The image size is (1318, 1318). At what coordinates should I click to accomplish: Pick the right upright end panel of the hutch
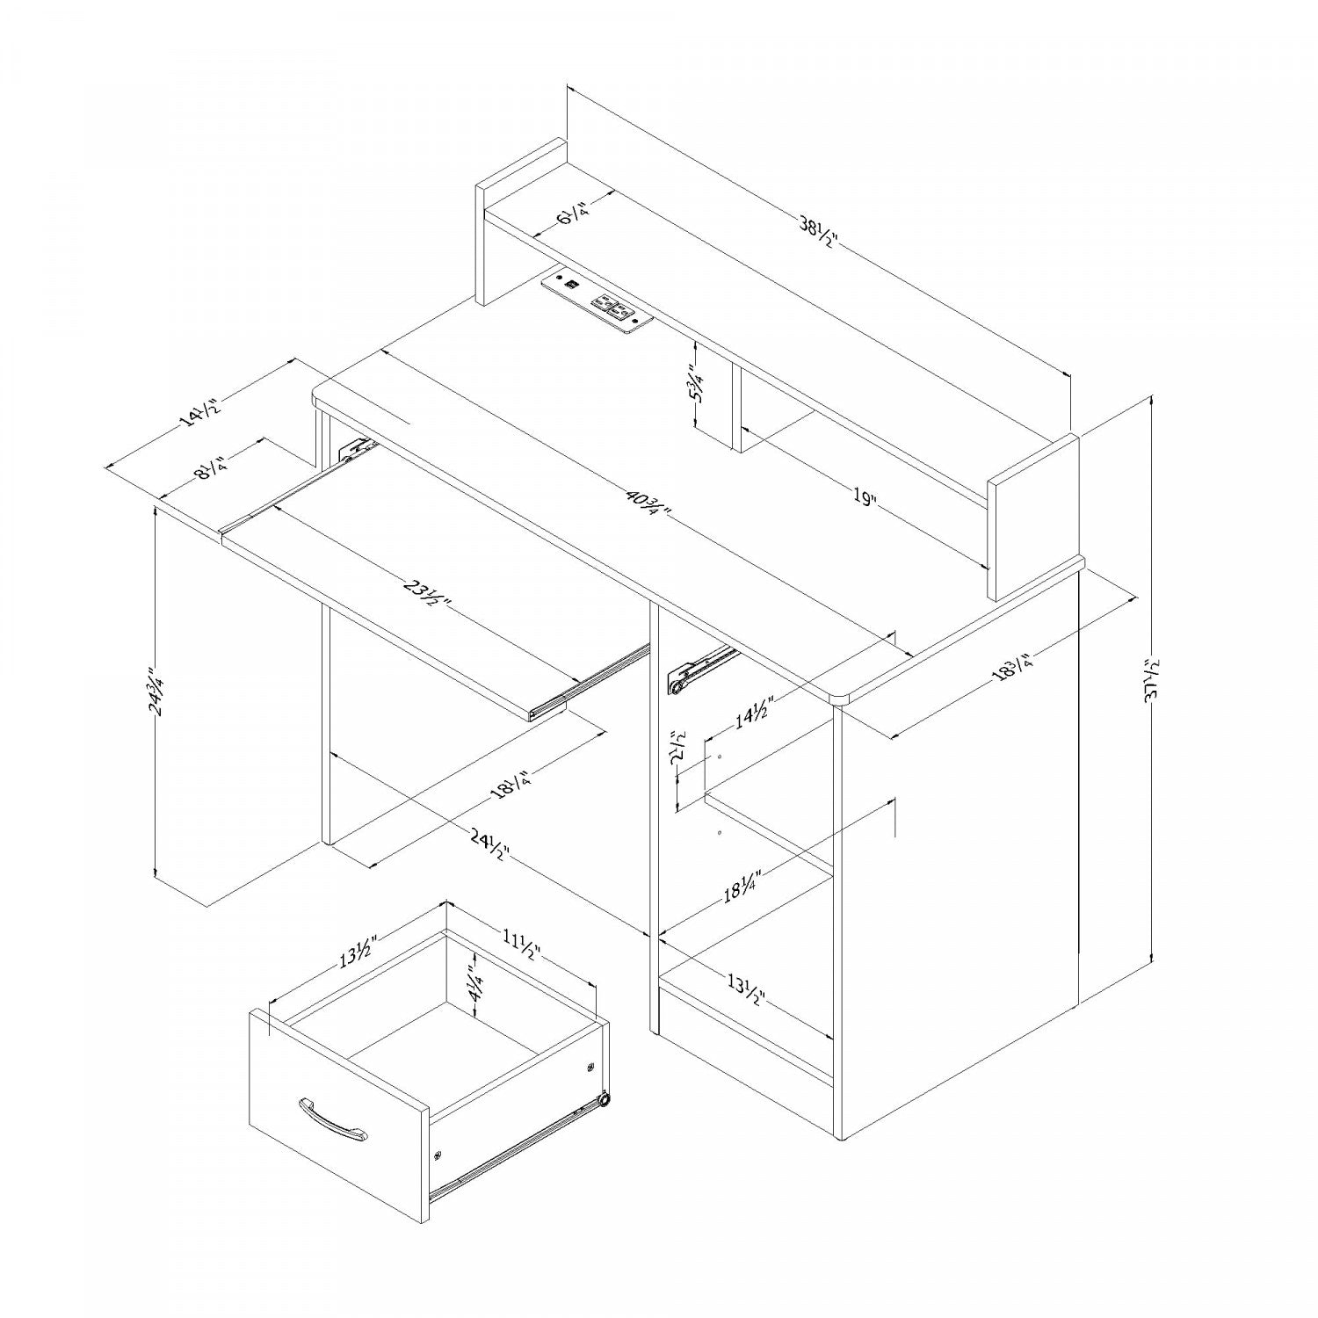[x=1033, y=518]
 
